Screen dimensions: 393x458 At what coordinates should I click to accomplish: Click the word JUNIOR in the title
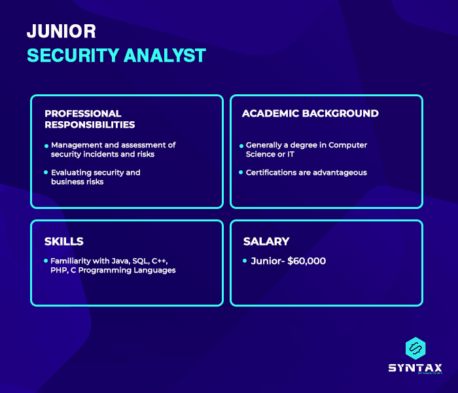(x=62, y=31)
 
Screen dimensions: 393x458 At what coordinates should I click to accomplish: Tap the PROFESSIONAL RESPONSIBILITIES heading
(x=90, y=119)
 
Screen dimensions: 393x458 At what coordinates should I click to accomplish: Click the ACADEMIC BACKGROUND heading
(x=310, y=113)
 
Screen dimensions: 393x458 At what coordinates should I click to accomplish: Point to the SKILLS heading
(x=64, y=242)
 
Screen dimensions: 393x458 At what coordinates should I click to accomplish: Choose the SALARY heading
(x=266, y=242)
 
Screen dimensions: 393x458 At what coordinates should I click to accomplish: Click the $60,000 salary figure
(x=306, y=261)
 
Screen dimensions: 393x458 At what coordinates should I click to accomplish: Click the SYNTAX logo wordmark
(x=415, y=368)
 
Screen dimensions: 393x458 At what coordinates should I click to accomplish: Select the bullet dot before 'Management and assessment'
(x=46, y=145)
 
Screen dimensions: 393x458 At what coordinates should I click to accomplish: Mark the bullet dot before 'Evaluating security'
(x=46, y=173)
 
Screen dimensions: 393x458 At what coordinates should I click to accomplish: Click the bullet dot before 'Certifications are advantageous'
(x=241, y=173)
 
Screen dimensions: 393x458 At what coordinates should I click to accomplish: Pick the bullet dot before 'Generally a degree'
(x=241, y=145)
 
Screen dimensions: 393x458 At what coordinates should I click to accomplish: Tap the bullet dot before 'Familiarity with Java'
(x=46, y=261)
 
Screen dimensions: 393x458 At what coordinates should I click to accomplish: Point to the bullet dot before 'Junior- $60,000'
(x=245, y=261)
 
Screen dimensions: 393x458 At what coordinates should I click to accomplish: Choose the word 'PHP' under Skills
(x=60, y=270)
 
